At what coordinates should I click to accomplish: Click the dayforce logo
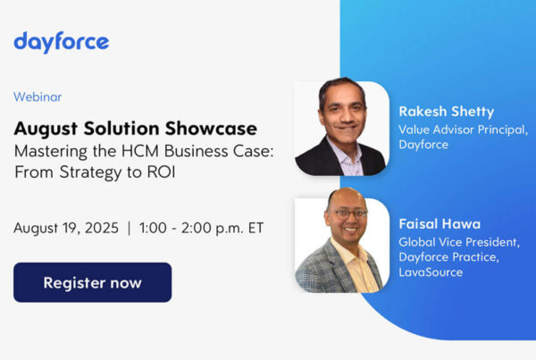[x=61, y=42]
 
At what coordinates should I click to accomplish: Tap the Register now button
[x=92, y=282]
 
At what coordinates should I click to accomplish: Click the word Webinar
[x=38, y=96]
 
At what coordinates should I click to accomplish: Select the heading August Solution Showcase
[x=135, y=128]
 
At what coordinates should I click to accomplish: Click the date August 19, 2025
[x=66, y=228]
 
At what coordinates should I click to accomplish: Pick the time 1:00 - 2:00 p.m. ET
[x=203, y=228]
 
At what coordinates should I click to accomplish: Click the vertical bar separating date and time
[x=129, y=228]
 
